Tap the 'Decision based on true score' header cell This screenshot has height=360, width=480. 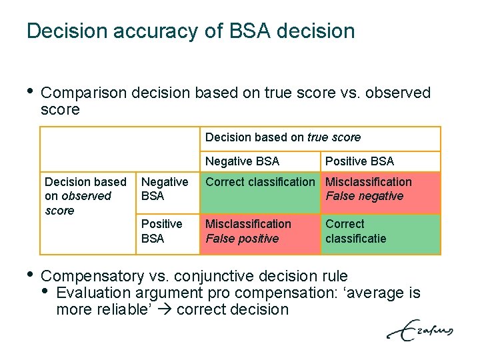283,137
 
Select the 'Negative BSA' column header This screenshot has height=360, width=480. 242,161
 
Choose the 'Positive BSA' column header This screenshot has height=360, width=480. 359,161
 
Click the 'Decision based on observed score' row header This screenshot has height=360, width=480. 85,196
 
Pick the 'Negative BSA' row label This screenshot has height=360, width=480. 165,189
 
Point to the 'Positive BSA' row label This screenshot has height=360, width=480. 161,231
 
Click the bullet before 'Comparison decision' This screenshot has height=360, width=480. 29,91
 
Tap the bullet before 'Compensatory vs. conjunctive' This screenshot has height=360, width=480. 29,274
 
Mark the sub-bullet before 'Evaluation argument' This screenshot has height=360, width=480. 45,291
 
